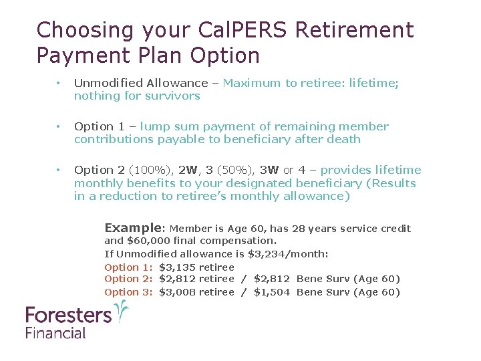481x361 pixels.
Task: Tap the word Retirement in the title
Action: coord(354,30)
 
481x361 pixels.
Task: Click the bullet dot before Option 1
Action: coord(59,126)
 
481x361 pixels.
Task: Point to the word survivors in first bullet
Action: coord(176,96)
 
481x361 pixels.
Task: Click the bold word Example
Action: coord(133,228)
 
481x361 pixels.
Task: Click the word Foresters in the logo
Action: coord(68,314)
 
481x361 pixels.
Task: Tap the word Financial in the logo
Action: coord(56,332)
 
